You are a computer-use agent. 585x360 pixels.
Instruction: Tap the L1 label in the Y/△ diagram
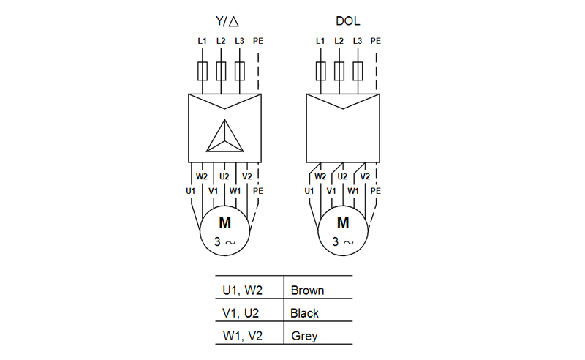pos(202,41)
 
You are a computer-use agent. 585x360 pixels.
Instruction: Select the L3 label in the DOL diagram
pos(357,41)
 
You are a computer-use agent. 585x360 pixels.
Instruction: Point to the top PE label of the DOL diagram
pos(376,41)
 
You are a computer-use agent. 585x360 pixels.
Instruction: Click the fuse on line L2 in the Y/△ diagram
pos(221,71)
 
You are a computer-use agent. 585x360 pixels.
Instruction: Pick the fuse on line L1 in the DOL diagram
pos(320,71)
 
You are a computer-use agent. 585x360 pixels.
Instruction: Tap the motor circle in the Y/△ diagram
pos(224,230)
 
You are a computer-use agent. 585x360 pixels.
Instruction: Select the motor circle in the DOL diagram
pos(342,230)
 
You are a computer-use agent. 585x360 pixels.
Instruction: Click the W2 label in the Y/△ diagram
pos(202,176)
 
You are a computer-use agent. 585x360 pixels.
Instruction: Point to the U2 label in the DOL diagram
pos(342,176)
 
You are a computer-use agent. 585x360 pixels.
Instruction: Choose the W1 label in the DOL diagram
pos(354,191)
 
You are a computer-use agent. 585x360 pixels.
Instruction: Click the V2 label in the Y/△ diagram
pos(246,176)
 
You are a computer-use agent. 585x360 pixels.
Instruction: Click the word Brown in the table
pos(307,290)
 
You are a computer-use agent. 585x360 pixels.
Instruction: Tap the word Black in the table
pos(304,313)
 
